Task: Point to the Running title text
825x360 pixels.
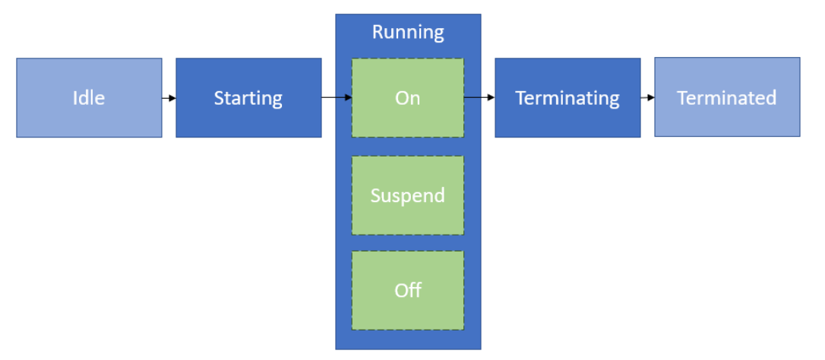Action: point(408,32)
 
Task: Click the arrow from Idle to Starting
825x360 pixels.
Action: point(169,98)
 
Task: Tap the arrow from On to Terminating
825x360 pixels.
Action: point(479,98)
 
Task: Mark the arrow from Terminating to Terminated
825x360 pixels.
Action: point(647,98)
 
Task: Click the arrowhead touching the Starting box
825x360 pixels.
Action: point(173,98)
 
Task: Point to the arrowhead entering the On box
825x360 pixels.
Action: point(348,98)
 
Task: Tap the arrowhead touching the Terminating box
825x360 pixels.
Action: point(492,98)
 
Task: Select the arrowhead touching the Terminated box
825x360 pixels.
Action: point(651,98)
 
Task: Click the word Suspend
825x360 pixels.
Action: point(408,196)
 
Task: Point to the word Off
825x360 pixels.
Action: point(408,290)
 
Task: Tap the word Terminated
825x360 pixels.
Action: point(727,98)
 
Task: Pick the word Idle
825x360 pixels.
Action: point(89,98)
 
